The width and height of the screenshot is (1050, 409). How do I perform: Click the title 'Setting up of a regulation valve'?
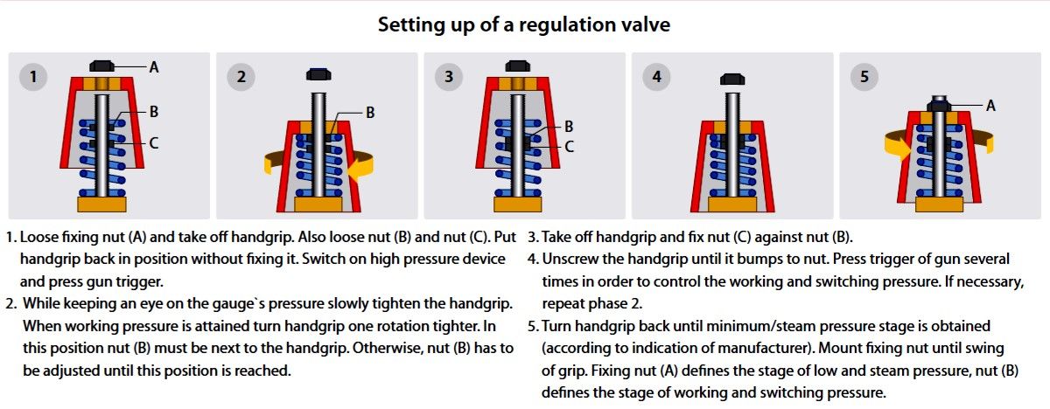point(524,24)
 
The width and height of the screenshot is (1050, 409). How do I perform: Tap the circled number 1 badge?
point(33,77)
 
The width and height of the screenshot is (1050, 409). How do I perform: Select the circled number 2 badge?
point(241,77)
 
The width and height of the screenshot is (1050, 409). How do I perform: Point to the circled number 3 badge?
point(449,77)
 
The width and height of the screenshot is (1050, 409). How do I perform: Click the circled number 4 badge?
point(656,77)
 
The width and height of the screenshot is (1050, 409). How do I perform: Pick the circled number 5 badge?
point(864,77)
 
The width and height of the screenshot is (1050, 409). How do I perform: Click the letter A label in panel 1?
point(154,67)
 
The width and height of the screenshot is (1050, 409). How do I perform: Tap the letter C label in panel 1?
point(154,142)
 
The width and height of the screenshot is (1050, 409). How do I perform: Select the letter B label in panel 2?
point(370,113)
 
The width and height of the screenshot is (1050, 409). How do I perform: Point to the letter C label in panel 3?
point(569,147)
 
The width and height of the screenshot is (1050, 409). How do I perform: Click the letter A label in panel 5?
point(990,106)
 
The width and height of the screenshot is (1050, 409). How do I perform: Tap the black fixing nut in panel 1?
point(101,66)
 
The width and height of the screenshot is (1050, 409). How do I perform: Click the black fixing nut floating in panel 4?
point(732,79)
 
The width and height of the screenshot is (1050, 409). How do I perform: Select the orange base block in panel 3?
point(517,204)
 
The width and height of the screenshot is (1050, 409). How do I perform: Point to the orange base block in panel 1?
point(101,204)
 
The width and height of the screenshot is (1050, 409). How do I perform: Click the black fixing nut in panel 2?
point(318,74)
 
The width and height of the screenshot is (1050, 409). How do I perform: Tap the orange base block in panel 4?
point(732,204)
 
